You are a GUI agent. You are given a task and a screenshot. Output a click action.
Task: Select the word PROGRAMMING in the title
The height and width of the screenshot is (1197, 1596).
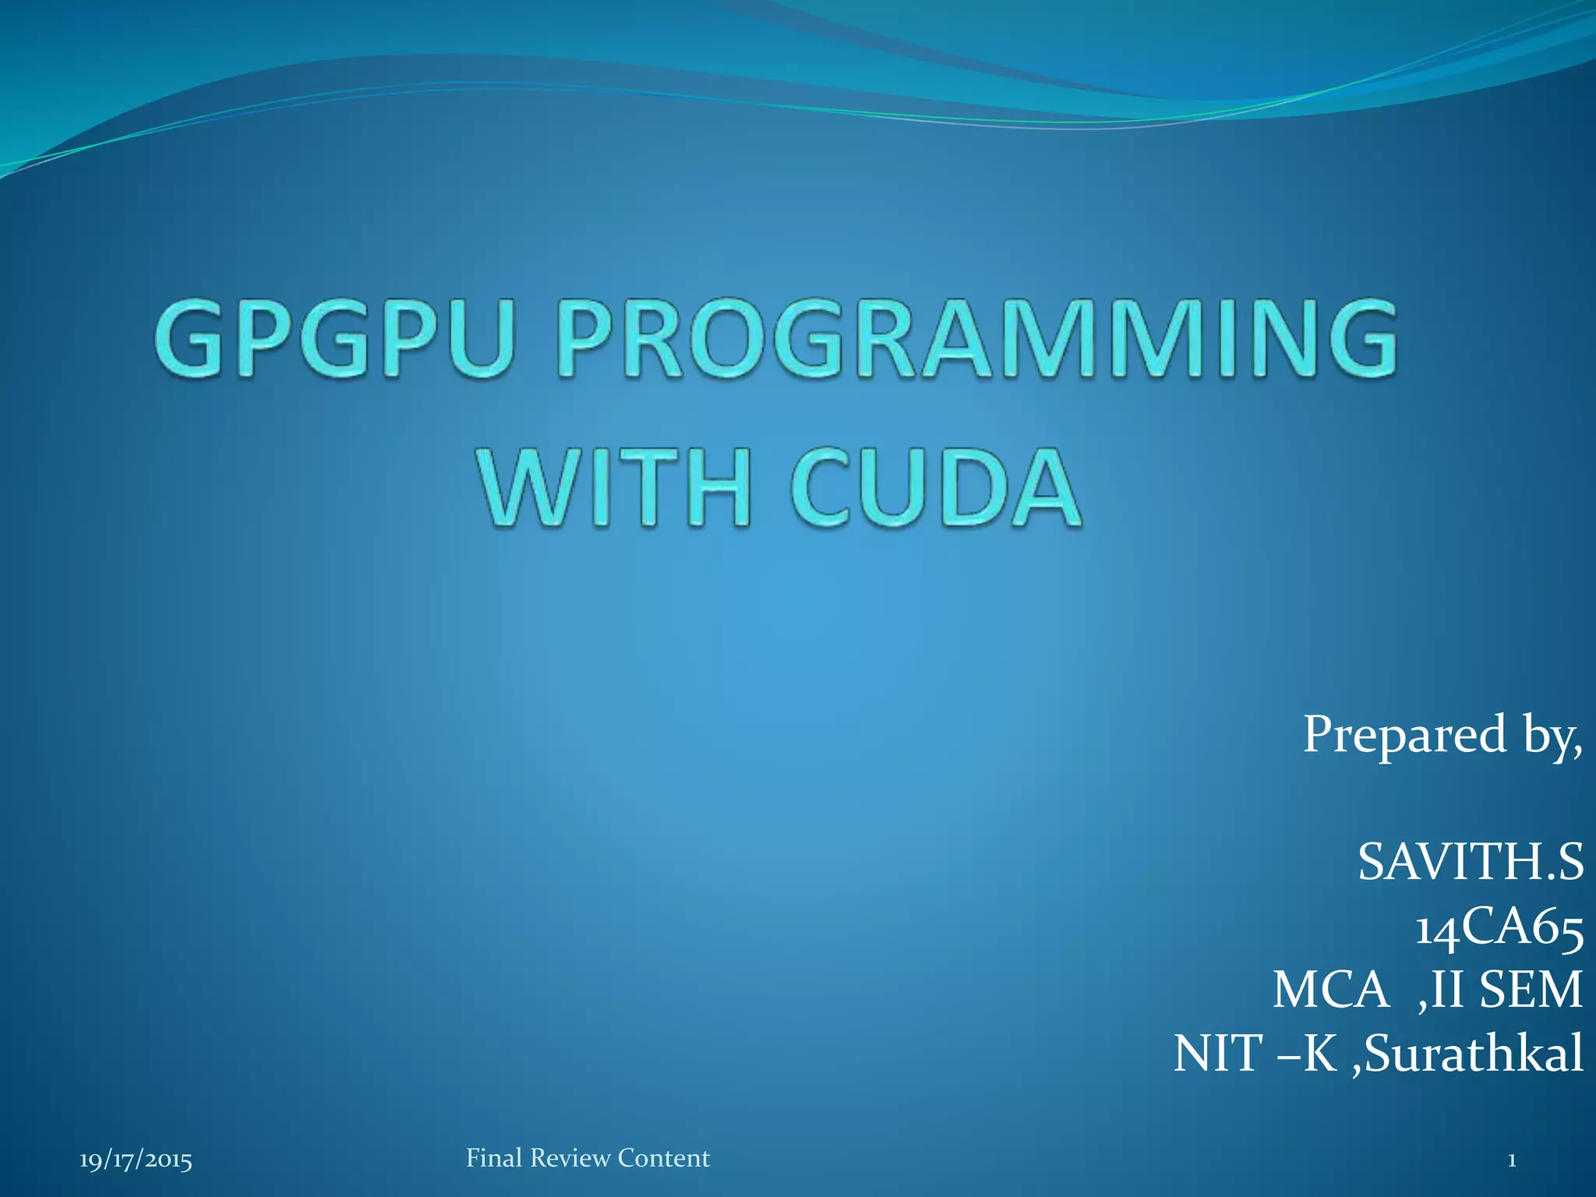pyautogui.click(x=978, y=341)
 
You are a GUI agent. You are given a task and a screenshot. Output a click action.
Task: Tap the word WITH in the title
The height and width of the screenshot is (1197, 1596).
pyautogui.click(x=616, y=488)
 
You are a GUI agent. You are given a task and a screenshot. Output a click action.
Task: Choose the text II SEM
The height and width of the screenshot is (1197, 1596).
pyautogui.click(x=1507, y=990)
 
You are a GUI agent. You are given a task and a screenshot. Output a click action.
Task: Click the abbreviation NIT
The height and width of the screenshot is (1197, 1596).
pyautogui.click(x=1218, y=1054)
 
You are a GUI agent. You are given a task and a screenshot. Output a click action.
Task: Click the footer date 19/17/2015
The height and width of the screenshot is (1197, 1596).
pyautogui.click(x=136, y=1160)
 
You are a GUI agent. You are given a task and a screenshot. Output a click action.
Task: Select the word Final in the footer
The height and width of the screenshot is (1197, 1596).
pyautogui.click(x=494, y=1158)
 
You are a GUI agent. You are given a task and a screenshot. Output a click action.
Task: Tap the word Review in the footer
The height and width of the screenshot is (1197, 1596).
pyautogui.click(x=570, y=1158)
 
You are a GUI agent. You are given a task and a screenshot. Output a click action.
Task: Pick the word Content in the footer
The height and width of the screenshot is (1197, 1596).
pyautogui.click(x=663, y=1158)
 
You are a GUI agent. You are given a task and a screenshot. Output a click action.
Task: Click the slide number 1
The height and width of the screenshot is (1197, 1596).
pyautogui.click(x=1511, y=1160)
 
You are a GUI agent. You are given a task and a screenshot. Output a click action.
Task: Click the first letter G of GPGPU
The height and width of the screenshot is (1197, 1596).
pyautogui.click(x=186, y=341)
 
